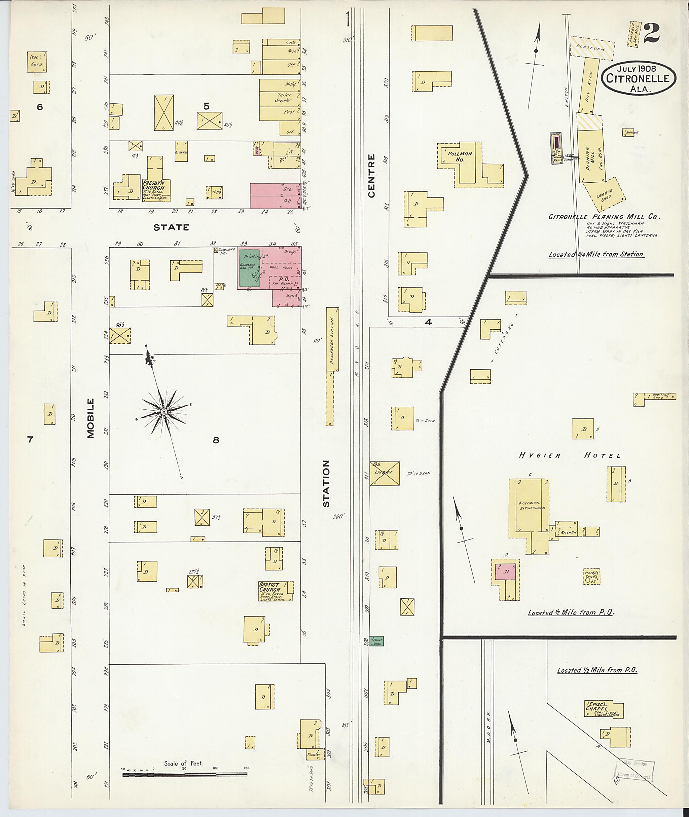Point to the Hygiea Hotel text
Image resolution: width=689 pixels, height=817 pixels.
(x=570, y=455)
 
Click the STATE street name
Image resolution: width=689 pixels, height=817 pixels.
(x=171, y=227)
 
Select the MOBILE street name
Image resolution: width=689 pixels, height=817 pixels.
(x=91, y=418)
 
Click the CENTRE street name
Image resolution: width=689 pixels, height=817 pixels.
(x=371, y=175)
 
